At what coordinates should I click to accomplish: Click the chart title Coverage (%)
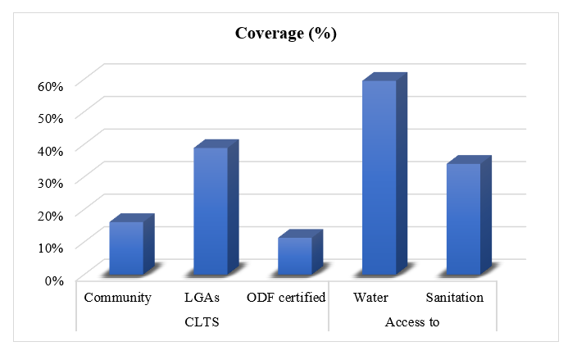(x=286, y=34)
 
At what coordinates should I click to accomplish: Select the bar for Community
(x=126, y=248)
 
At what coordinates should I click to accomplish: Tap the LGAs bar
(x=211, y=212)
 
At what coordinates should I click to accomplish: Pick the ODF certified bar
(x=295, y=256)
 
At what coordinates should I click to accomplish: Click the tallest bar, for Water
(x=379, y=178)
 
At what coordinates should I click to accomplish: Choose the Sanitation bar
(x=464, y=219)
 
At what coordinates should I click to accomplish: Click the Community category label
(x=117, y=298)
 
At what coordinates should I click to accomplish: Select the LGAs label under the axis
(x=202, y=298)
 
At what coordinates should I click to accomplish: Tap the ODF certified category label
(x=286, y=298)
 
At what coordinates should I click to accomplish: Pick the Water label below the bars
(x=370, y=298)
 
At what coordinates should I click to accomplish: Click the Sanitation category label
(x=454, y=298)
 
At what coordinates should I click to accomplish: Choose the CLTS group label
(x=202, y=321)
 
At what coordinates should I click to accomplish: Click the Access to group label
(x=412, y=321)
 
